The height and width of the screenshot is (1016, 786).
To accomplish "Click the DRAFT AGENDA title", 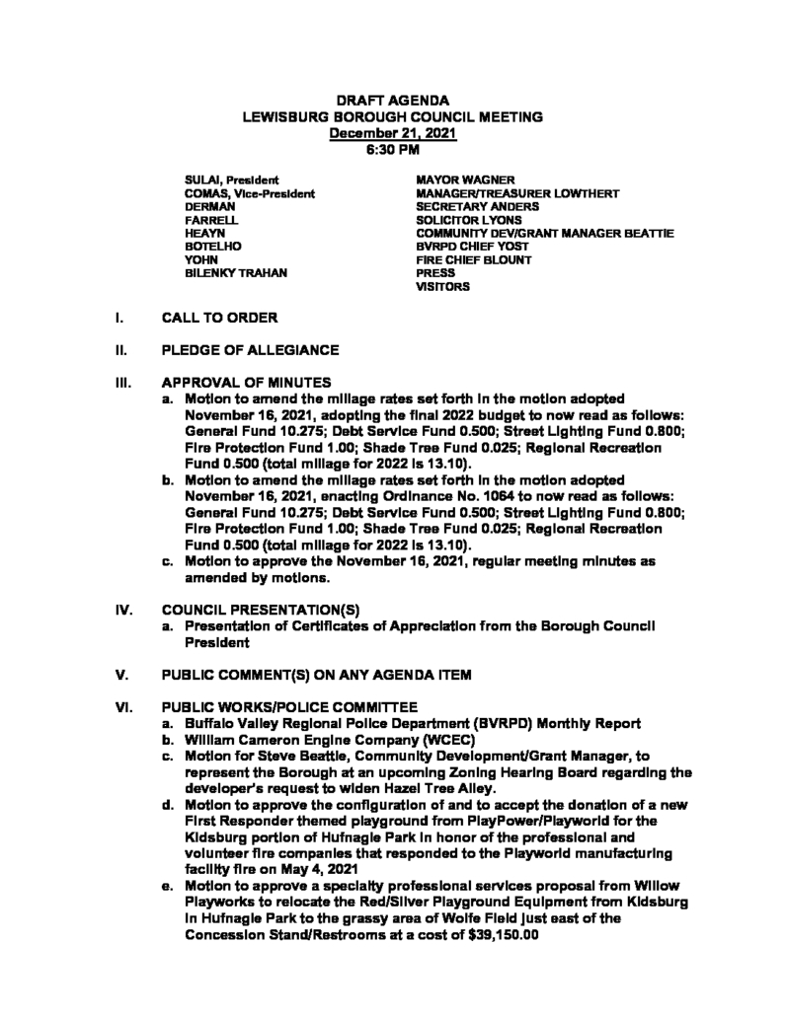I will pyautogui.click(x=393, y=101).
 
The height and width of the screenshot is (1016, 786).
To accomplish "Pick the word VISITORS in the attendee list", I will pyautogui.click(x=443, y=287).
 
